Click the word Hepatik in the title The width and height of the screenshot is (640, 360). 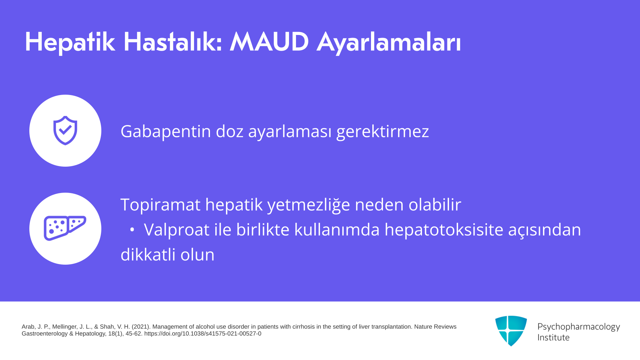click(70, 42)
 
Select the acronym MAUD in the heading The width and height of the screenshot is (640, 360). click(269, 42)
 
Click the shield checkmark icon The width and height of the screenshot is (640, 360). click(65, 131)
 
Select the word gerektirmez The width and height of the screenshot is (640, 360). click(382, 131)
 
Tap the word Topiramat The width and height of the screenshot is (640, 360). click(160, 204)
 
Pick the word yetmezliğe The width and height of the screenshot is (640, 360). click(309, 205)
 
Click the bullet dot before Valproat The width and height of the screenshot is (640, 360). click(132, 230)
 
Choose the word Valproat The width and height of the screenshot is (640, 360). click(176, 229)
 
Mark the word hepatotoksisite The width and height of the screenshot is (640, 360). click(444, 229)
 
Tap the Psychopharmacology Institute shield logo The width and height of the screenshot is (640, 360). click(511, 331)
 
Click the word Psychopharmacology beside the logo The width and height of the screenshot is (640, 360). click(579, 327)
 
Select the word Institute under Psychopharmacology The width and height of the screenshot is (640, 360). click(553, 337)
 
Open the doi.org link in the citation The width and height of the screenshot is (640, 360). click(203, 334)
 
